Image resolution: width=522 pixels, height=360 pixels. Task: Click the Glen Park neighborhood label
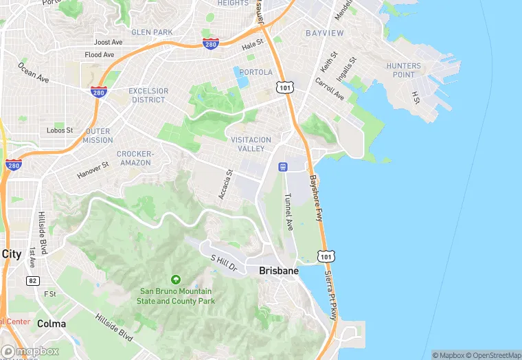152,32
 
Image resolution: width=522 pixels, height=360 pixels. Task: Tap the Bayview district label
326,32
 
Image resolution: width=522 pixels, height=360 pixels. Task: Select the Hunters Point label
403,70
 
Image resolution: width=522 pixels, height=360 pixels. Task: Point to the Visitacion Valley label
251,144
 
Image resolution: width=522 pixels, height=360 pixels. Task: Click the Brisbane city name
279,271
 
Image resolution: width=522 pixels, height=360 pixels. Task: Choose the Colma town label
52,324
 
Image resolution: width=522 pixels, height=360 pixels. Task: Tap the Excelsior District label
148,95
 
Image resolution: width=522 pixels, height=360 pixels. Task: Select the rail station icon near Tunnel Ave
282,167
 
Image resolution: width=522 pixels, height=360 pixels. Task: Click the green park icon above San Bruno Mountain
176,280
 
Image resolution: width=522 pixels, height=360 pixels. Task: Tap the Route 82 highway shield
32,280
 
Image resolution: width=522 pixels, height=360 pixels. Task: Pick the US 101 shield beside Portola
284,87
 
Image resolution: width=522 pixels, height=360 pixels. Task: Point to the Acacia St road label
225,185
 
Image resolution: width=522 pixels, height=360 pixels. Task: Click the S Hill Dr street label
223,262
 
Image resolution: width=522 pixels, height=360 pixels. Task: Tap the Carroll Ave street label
329,89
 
